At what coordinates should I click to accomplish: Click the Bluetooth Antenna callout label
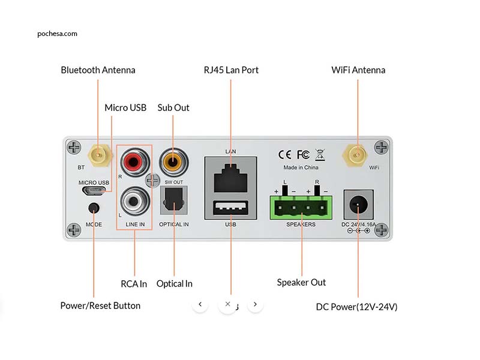click(98, 70)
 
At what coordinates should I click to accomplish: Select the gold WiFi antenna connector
click(357, 155)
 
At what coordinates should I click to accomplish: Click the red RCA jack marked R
click(132, 161)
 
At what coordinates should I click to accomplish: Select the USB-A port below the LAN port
click(230, 209)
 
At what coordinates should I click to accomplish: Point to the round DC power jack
click(358, 206)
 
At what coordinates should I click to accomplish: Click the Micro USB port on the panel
click(94, 191)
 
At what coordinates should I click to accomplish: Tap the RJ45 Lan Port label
click(231, 70)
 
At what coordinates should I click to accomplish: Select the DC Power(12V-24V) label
click(356, 307)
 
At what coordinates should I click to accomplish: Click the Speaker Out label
click(301, 282)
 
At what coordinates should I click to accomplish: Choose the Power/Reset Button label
click(100, 306)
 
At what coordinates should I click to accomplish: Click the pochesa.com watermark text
click(57, 34)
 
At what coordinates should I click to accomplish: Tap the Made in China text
click(301, 167)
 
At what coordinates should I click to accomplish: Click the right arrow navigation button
click(256, 304)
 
